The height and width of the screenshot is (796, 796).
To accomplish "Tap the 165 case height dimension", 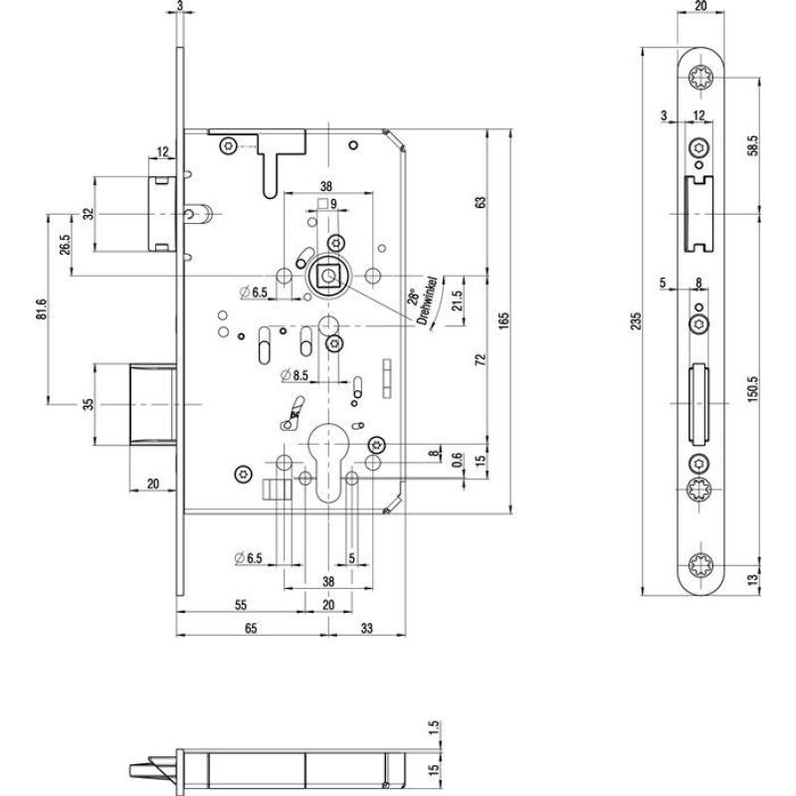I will coord(503,319).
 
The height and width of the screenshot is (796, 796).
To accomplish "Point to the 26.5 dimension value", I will coord(65,244).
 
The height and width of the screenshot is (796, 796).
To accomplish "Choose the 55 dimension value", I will coord(241,604).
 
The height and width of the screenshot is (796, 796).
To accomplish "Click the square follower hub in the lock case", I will coord(326,274).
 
